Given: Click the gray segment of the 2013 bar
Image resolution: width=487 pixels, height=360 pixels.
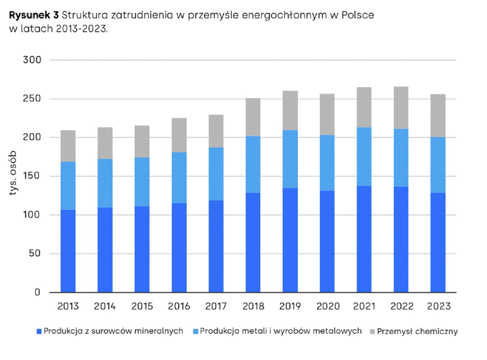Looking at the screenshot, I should point(68,146).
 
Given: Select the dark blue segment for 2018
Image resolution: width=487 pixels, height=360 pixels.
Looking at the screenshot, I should point(253,242).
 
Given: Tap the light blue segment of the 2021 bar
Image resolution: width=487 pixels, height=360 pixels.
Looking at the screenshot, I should point(364,156).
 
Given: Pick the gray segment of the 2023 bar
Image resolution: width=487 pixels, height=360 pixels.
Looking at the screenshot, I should point(438,116).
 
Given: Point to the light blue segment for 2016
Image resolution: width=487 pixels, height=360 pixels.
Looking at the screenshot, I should point(179,177).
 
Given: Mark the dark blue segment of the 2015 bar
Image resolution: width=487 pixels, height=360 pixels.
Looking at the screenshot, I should point(142,249).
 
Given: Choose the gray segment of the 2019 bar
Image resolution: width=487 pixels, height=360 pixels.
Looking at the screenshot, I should point(290,110).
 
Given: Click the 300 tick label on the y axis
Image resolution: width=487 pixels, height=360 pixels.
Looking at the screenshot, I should point(32,60).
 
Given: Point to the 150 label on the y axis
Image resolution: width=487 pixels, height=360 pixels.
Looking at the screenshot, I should point(32,176).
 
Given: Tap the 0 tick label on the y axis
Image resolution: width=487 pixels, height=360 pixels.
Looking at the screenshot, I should point(37,292).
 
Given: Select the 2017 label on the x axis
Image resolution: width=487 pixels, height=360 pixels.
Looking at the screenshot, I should point(216,307).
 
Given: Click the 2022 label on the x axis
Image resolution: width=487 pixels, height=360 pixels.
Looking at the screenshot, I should point(401,307).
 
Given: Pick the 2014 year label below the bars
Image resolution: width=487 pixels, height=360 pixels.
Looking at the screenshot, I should point(105,307).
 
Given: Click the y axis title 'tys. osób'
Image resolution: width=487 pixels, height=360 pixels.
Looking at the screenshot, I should point(13,173).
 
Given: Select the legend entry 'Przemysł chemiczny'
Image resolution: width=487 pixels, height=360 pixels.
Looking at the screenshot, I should point(417,331).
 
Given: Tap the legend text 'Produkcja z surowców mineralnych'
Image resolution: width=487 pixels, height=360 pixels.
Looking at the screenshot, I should point(113,331).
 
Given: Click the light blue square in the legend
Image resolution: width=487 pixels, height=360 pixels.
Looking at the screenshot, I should point(196,331).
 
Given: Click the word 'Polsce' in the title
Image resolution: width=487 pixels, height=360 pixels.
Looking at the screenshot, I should point(357,15).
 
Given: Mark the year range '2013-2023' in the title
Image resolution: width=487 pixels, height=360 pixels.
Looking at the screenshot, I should point(82,29).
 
